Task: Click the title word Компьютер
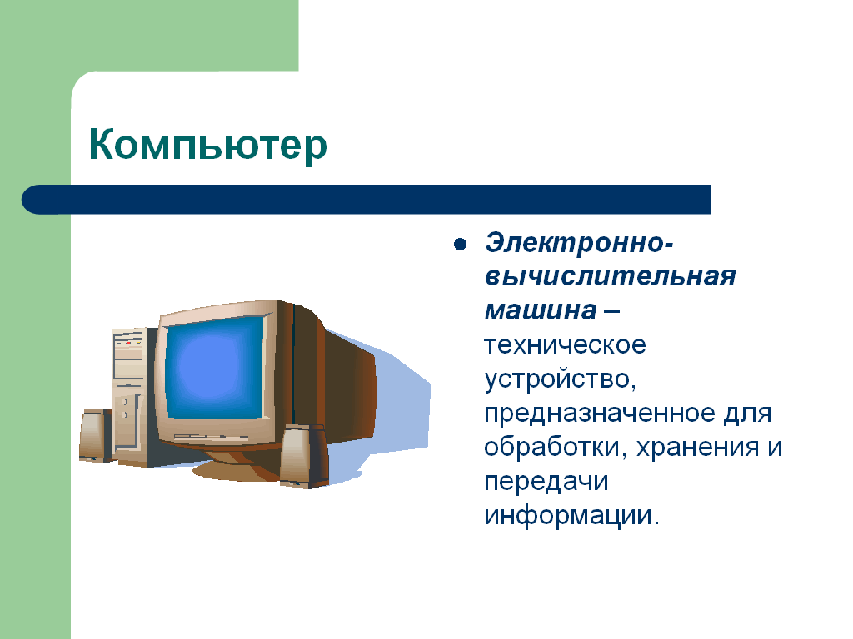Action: click(x=207, y=145)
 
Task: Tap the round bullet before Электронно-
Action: click(x=460, y=244)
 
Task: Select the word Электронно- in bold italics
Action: click(x=579, y=243)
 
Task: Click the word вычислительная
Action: click(x=610, y=276)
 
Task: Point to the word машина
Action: click(x=541, y=311)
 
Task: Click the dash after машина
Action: click(x=611, y=311)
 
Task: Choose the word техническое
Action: click(x=565, y=345)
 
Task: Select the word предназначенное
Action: click(x=600, y=414)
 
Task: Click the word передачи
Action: click(x=546, y=483)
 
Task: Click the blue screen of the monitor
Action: click(x=214, y=369)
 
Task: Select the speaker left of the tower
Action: click(x=97, y=436)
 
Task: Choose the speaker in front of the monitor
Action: click(x=303, y=457)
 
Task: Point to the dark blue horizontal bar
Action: click(x=367, y=200)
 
